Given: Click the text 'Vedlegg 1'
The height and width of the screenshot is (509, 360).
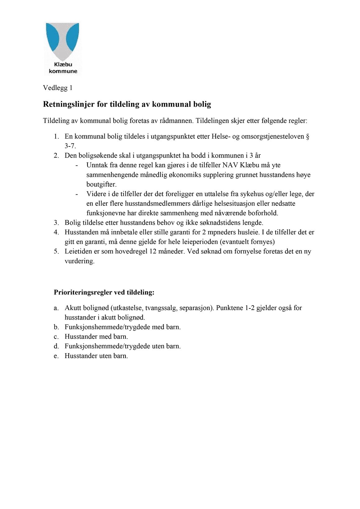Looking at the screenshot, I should [x=58, y=88].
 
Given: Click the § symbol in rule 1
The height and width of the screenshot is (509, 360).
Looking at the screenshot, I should [x=307, y=137].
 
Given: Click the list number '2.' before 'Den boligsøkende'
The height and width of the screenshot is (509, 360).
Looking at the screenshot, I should [x=56, y=155].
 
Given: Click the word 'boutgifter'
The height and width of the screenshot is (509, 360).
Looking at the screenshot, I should [x=101, y=184].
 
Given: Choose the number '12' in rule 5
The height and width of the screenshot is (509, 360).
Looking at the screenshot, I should [x=153, y=252].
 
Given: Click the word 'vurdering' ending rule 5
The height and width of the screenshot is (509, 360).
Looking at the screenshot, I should [x=79, y=261].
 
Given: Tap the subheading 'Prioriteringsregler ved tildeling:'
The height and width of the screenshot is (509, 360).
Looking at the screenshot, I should [x=104, y=293].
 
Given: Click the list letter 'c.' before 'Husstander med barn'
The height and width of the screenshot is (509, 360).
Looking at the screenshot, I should [x=56, y=337].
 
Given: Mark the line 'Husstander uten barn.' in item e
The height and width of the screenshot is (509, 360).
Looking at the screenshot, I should [x=96, y=356].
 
